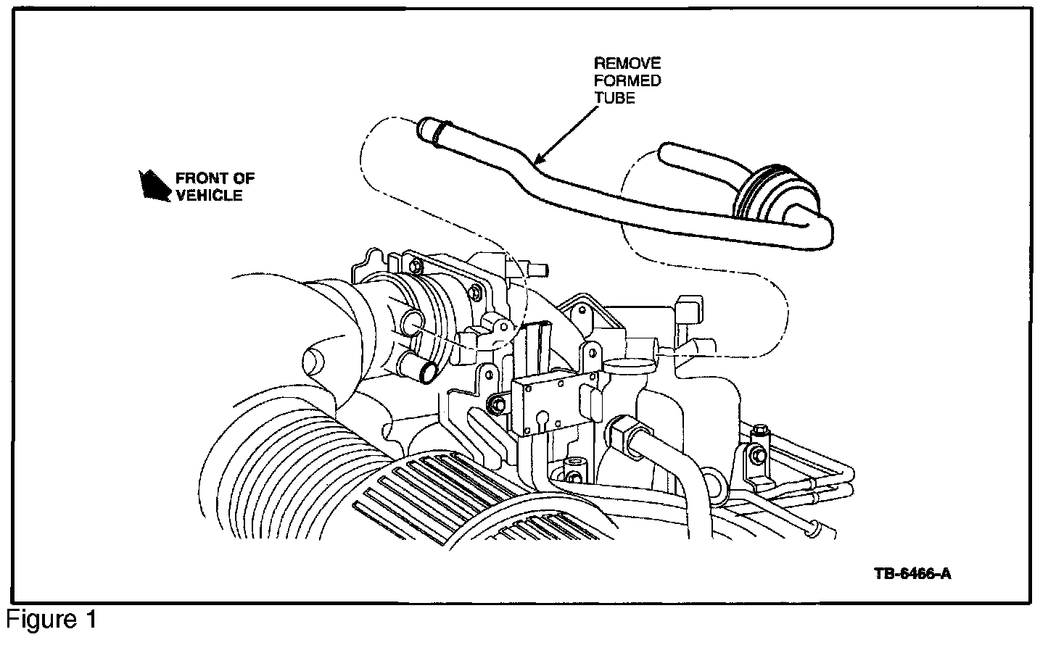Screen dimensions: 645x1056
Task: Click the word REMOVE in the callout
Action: click(x=627, y=64)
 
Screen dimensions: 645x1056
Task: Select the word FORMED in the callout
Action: click(x=627, y=80)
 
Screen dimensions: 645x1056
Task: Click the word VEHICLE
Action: click(x=209, y=195)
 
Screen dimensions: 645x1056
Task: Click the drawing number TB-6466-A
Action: click(x=912, y=574)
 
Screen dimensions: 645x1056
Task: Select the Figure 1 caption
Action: click(x=51, y=620)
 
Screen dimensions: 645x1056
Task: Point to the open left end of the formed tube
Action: click(x=426, y=130)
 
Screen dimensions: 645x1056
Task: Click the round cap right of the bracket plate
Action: click(x=622, y=362)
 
